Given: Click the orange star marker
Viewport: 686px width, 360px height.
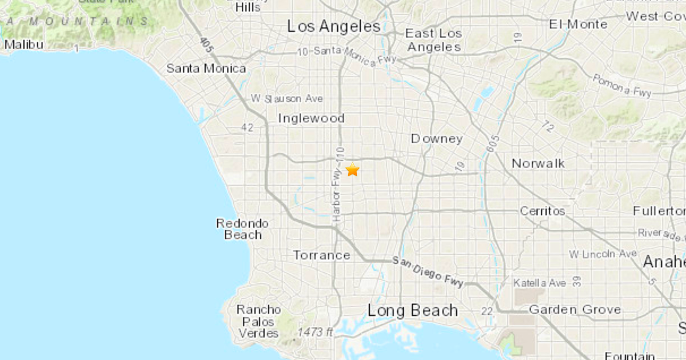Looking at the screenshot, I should click(352, 170).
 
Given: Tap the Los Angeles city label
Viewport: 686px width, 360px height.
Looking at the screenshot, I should click(334, 26).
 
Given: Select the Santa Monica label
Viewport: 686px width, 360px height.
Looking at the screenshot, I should click(206, 69).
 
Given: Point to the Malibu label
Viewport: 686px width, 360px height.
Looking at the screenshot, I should click(23, 44).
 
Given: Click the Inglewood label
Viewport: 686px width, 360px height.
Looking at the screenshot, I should click(311, 118).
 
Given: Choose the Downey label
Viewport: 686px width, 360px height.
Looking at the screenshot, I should click(436, 139).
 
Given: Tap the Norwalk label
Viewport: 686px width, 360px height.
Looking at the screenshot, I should click(538, 163).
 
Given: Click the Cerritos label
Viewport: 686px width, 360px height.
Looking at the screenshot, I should click(542, 211).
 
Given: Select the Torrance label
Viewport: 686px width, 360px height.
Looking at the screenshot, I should click(321, 255).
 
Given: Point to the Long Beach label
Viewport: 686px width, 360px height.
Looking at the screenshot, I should click(412, 311).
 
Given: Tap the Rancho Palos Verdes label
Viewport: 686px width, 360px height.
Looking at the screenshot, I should click(259, 321).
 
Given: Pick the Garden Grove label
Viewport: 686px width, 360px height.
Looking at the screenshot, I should click(575, 310).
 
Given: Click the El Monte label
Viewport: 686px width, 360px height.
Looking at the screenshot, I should click(578, 25).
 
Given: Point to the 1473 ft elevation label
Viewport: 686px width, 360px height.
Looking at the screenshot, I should click(315, 332).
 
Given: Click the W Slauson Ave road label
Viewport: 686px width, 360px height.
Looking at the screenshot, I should click(286, 99).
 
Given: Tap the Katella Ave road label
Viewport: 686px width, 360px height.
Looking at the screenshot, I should click(539, 283).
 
